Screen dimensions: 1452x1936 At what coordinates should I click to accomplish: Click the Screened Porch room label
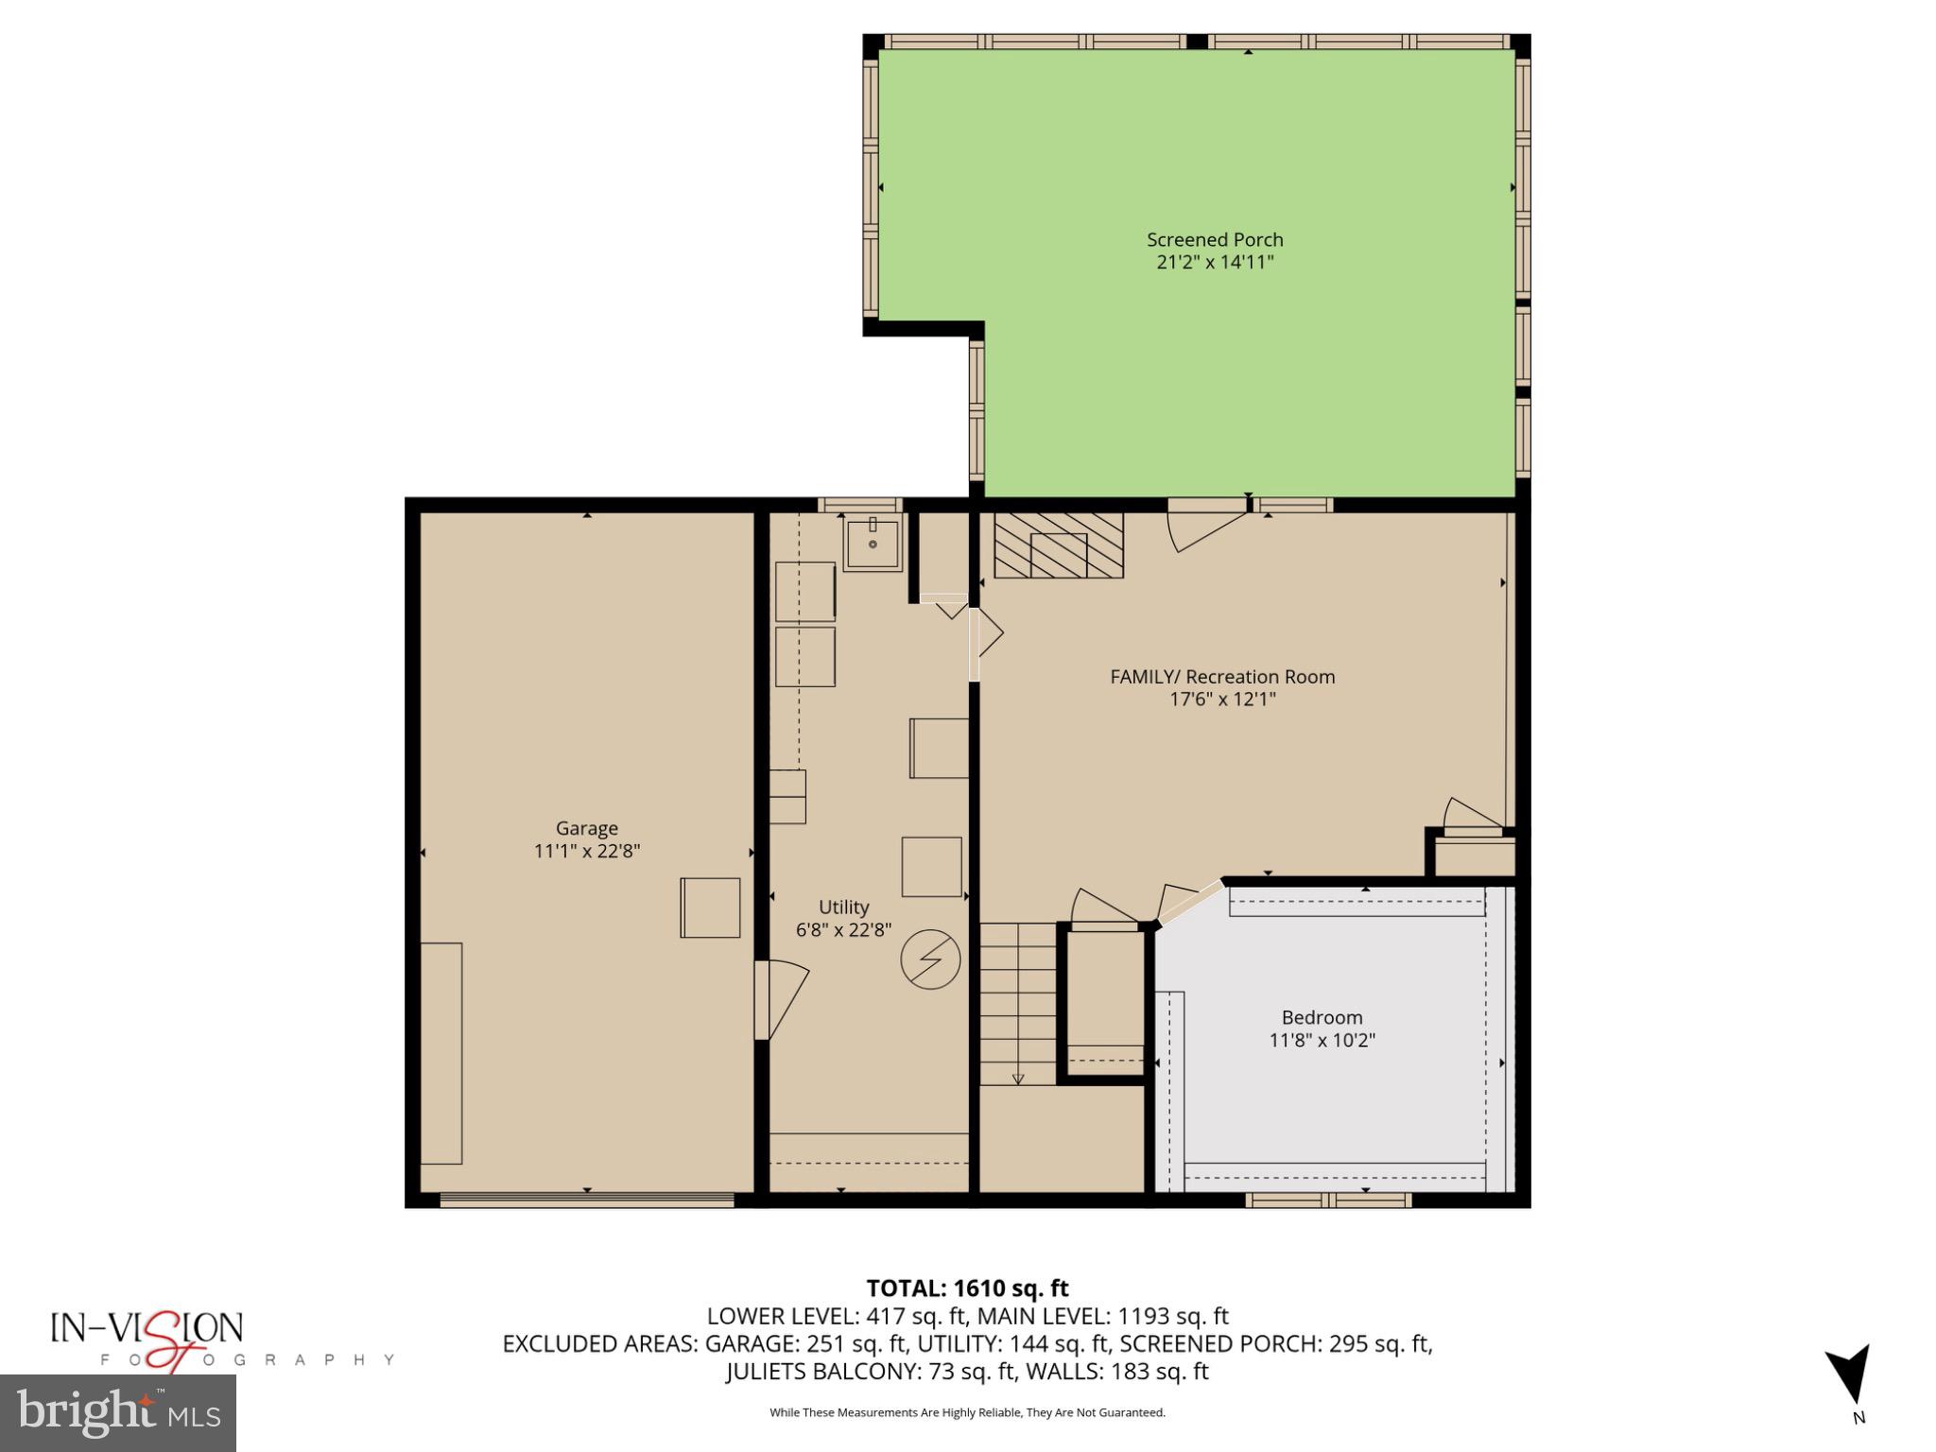point(1215,240)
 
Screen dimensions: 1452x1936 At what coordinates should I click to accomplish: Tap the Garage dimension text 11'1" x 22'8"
point(587,851)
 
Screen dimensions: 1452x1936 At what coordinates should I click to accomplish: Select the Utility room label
point(843,907)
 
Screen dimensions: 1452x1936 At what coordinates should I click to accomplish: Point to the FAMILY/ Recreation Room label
point(1222,677)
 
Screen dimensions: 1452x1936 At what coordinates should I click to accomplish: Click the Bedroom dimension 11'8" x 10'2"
point(1322,1041)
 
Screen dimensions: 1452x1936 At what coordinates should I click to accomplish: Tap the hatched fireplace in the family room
point(1058,545)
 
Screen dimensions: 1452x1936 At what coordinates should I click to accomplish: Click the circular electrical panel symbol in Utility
point(930,960)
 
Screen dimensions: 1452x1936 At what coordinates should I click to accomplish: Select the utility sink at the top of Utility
point(873,544)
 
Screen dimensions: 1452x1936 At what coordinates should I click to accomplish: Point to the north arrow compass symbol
point(1850,1375)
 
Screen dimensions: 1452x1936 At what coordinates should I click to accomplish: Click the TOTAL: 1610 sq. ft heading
point(967,1288)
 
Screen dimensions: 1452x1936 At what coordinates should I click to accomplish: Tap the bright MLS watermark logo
point(118,1412)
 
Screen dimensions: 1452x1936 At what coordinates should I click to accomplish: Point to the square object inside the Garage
point(710,907)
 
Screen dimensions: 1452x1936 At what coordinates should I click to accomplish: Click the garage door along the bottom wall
point(587,1200)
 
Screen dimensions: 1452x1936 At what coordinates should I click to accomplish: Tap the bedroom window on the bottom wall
point(1327,1201)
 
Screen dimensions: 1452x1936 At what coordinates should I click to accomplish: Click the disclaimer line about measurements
point(967,1412)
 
